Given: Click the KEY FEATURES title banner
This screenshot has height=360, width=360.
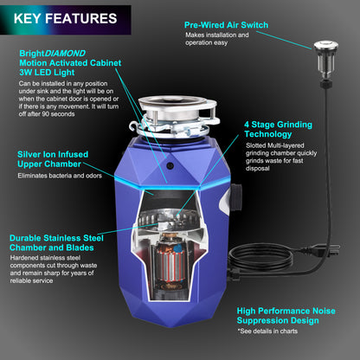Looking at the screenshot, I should click(x=66, y=17).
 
